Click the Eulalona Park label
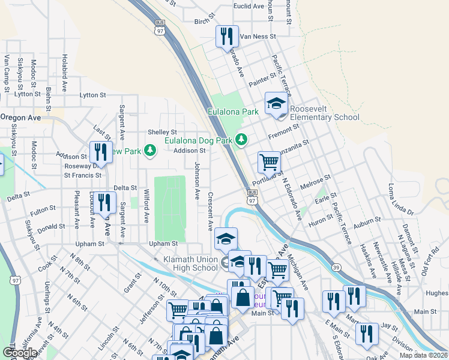pyautogui.click(x=233, y=112)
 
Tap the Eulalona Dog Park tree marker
pyautogui.click(x=241, y=140)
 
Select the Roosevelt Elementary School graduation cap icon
pyautogui.click(x=276, y=103)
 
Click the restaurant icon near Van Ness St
pyautogui.click(x=227, y=37)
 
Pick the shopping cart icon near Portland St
pyautogui.click(x=269, y=161)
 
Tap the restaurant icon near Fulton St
pyautogui.click(x=106, y=203)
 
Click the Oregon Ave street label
pyautogui.click(x=20, y=118)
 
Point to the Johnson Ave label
pyautogui.click(x=196, y=181)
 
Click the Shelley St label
pyautogui.click(x=163, y=132)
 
